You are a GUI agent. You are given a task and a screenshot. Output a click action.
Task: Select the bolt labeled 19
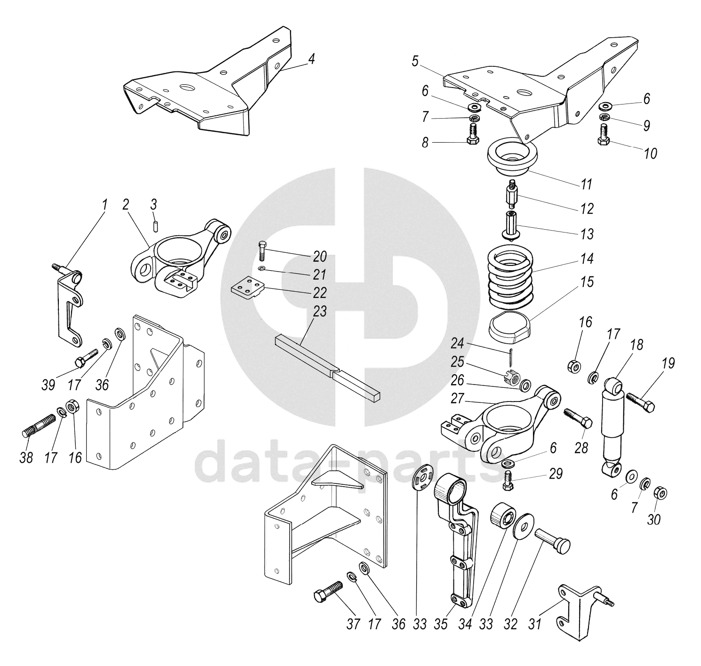[640, 403]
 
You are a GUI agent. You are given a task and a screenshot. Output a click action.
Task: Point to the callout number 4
[311, 59]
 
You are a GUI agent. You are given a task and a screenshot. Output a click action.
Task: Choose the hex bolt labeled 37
[329, 591]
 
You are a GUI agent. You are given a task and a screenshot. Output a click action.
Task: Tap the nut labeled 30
[661, 493]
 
